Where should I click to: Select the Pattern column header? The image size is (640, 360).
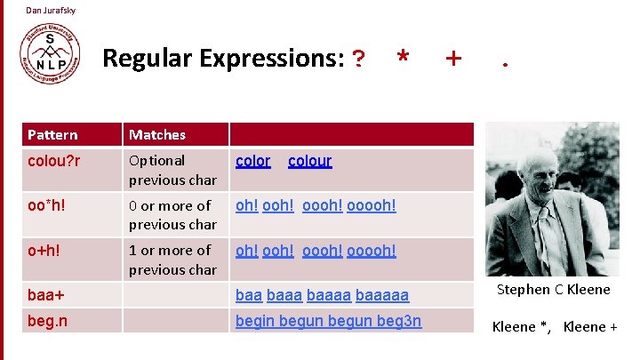[x=52, y=135]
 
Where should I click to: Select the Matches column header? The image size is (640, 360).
[x=157, y=135]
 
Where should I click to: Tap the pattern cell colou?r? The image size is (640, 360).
[x=54, y=161]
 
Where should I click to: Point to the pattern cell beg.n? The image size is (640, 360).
[x=48, y=320]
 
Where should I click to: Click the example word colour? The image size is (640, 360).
[x=309, y=161]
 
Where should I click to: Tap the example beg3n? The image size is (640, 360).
[x=398, y=320]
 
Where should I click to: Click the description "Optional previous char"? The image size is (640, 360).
[x=172, y=170]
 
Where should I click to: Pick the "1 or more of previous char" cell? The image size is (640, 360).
[x=172, y=260]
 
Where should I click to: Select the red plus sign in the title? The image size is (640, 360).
[x=453, y=59]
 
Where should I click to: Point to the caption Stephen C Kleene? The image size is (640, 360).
[x=553, y=290]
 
